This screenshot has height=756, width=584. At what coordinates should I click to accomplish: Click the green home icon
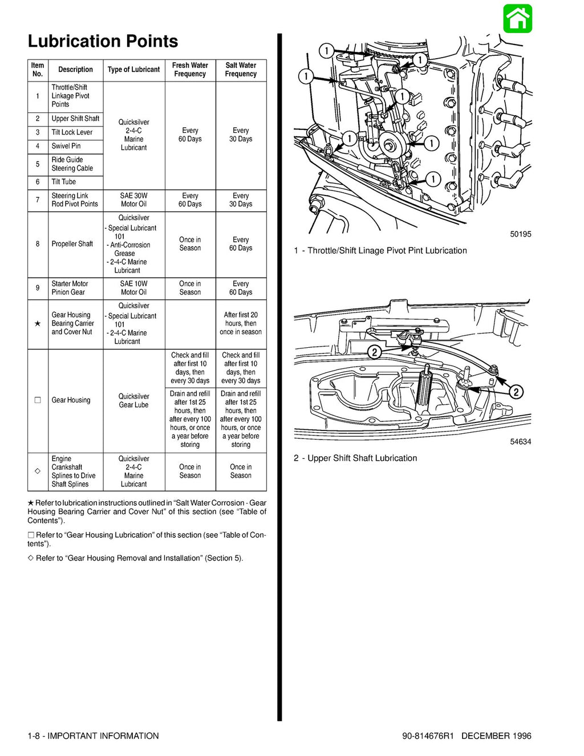[517, 18]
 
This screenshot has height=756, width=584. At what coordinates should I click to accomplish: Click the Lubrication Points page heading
[103, 41]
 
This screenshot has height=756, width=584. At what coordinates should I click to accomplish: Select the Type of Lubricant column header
[133, 70]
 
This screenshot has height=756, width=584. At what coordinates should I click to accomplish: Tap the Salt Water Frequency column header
[241, 70]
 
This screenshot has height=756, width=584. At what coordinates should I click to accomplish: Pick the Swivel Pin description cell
[66, 146]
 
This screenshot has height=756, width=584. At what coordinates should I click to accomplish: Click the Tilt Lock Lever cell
[72, 132]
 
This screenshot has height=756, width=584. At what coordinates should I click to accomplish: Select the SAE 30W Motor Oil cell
[133, 200]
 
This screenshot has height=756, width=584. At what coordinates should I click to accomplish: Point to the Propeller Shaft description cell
[72, 244]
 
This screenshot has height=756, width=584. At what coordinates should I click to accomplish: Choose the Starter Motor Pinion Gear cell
[68, 288]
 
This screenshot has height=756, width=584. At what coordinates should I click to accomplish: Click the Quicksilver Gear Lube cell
[133, 401]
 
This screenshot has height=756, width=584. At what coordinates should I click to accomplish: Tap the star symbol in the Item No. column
[38, 324]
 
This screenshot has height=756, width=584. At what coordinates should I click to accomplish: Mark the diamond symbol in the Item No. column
[38, 472]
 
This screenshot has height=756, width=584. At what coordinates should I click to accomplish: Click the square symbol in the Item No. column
[38, 400]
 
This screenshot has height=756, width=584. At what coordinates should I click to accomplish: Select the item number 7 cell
[38, 200]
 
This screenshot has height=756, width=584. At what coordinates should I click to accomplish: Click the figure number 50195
[520, 234]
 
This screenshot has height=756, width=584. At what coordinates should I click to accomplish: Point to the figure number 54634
[520, 442]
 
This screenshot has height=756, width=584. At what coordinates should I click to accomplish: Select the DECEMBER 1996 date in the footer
[496, 736]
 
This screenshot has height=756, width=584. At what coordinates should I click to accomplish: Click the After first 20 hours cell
[241, 323]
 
